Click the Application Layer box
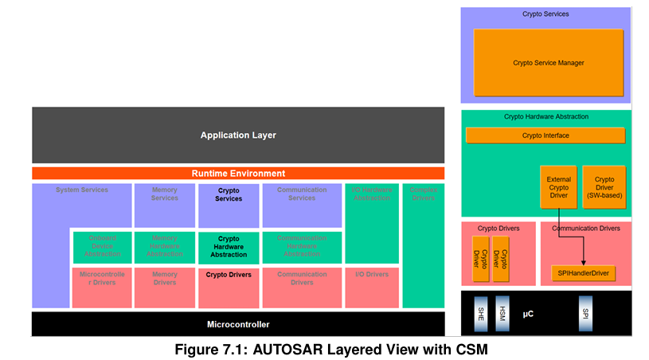tap(238, 135)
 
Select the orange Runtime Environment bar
tap(238, 173)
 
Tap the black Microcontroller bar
tap(238, 324)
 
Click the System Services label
tap(82, 190)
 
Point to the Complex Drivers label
tap(423, 194)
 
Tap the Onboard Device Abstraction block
tap(103, 247)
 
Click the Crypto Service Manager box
tap(548, 63)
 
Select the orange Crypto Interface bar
tap(545, 135)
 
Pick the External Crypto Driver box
tap(558, 187)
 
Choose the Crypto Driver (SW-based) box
tap(604, 187)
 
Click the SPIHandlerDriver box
tap(583, 273)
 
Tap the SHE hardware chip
tap(480, 313)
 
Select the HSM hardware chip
tap(501, 313)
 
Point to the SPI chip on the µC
tap(585, 313)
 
